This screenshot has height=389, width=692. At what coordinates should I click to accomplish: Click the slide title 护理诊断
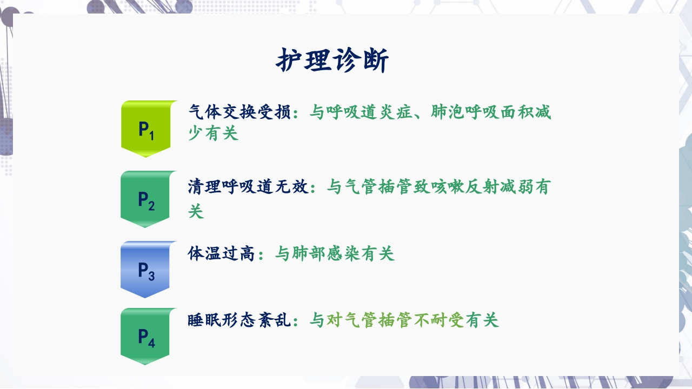click(332, 61)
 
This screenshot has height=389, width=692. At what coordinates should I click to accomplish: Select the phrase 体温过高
click(222, 253)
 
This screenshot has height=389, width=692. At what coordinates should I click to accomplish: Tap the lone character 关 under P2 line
click(196, 211)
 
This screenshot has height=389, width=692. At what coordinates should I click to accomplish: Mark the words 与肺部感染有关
click(335, 253)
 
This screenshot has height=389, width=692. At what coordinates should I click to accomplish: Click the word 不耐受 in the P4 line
click(438, 320)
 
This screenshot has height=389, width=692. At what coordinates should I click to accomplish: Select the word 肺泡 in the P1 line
click(448, 112)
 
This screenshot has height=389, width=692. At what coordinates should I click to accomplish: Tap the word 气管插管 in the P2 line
click(379, 187)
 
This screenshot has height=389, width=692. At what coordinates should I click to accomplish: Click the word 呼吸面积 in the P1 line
click(499, 112)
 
